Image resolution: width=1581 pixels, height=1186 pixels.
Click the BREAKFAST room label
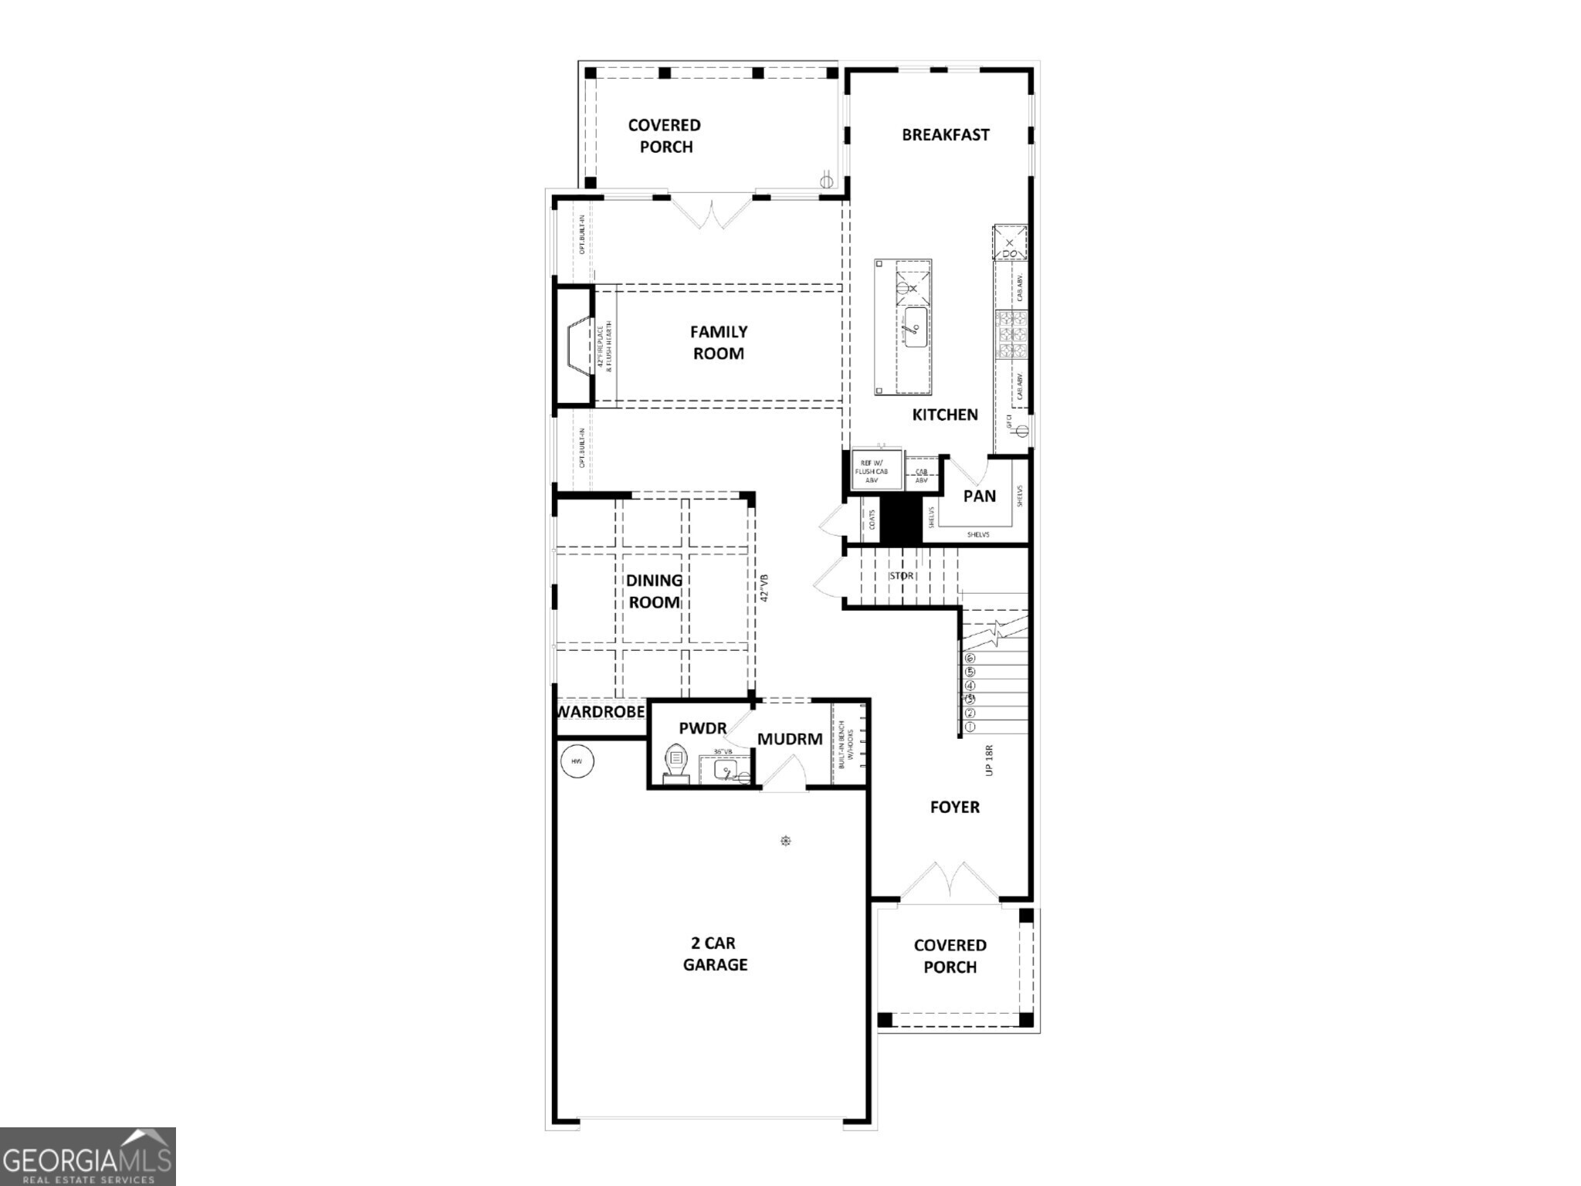click(945, 134)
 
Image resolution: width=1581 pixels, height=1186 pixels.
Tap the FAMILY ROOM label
click(718, 342)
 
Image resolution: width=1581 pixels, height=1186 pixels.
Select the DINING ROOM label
click(653, 591)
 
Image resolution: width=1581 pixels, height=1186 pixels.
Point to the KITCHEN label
click(944, 415)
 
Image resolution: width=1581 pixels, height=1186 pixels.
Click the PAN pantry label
click(979, 496)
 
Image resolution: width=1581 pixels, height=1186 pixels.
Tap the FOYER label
click(954, 807)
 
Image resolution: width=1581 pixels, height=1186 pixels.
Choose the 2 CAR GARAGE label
click(715, 953)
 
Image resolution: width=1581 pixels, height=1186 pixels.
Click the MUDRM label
click(789, 739)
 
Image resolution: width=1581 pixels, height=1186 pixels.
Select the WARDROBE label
click(601, 711)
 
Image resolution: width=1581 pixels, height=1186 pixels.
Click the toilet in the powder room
click(675, 763)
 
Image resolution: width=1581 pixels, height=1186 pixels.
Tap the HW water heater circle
click(576, 761)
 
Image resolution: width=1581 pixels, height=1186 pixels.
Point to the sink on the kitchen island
click(916, 327)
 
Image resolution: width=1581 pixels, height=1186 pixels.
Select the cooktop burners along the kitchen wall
click(1011, 334)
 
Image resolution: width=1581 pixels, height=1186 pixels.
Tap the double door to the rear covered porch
click(710, 212)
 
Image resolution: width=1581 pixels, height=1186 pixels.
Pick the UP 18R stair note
click(989, 760)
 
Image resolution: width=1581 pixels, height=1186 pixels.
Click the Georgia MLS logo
click(87, 1156)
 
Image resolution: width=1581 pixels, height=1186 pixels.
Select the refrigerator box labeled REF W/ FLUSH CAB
click(876, 470)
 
